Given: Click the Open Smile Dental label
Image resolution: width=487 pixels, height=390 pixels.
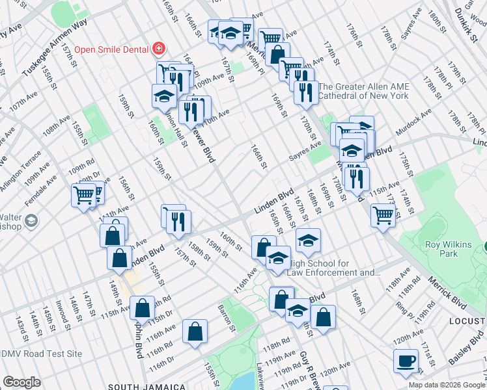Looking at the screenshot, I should point(111,49).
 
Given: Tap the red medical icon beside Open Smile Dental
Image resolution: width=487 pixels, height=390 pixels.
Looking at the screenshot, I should point(158,49).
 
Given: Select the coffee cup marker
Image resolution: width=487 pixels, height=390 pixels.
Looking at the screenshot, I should point(406,361).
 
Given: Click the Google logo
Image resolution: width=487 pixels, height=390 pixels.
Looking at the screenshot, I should point(21,383).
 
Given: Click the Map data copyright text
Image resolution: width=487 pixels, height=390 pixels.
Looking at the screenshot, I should point(447,385).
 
